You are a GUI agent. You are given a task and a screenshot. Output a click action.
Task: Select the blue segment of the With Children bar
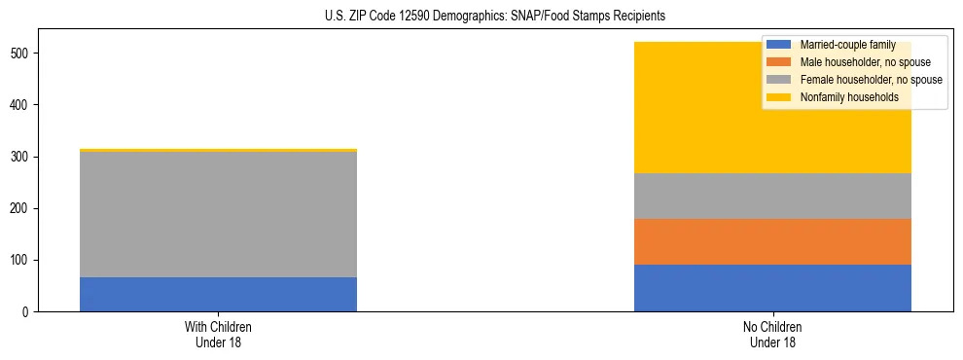218,294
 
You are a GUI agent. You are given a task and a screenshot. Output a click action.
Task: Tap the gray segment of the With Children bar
218,214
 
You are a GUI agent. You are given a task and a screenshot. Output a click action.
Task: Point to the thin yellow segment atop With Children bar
218,150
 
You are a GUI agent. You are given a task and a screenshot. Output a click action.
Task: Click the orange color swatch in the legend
779,62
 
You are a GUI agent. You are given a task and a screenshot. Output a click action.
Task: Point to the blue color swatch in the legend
779,45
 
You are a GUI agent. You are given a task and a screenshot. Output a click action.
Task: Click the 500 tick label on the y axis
21,54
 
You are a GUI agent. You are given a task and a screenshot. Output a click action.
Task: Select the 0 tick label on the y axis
27,312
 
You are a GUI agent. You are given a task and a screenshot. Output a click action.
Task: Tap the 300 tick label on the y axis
21,157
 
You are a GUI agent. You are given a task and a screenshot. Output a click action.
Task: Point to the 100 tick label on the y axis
21,261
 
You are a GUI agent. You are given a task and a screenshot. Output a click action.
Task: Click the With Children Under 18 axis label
218,335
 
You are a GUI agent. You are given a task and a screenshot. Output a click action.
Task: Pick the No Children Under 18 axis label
772,335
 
